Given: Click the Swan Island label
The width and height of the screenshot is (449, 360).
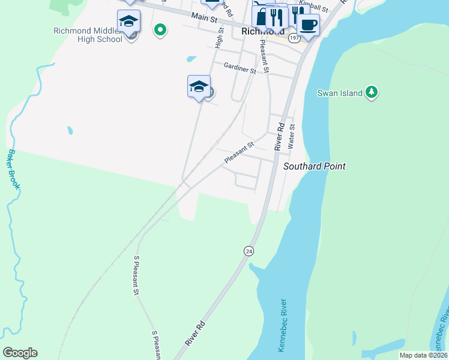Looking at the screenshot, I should pos(340,93).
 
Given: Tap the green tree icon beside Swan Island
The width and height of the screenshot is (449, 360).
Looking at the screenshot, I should pos(373,92).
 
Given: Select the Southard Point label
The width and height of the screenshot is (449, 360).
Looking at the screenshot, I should pos(315,166).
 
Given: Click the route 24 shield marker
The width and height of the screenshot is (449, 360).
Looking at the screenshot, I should pos(249,250).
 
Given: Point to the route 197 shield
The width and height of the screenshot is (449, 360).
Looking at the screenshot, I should pos(294,38).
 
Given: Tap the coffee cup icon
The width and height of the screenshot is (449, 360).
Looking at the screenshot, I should pos(309,25).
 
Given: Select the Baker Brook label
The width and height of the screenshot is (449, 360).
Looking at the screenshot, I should pos(13,170).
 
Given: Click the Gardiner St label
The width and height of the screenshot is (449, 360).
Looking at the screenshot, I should pos(240,68).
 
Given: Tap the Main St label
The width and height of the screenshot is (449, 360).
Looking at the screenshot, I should pos(203,17).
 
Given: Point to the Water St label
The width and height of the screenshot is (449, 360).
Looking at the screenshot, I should pos(292,136).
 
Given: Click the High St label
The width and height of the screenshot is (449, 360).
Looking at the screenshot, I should pos(219,37).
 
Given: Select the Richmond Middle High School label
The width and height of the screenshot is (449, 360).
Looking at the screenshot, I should pos(88,35).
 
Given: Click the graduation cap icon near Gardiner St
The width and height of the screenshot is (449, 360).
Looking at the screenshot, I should pos(199,86).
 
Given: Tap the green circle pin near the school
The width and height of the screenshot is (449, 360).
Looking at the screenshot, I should pos(160,29).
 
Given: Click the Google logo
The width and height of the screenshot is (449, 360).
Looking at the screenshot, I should pos(20,353).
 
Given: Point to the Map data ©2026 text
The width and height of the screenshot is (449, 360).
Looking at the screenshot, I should pos(423,355).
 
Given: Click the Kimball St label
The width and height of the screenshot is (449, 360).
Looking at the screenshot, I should pos(316,8).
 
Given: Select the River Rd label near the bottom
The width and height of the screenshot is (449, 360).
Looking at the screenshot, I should pos(196,334).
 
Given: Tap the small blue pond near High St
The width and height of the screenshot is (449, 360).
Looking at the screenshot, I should pos(191,59).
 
